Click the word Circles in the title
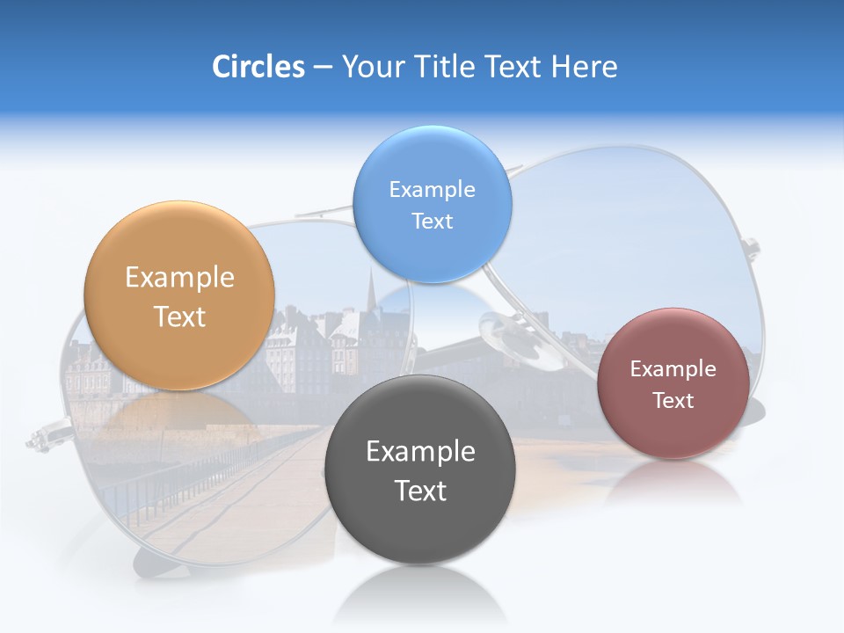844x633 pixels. [258, 67]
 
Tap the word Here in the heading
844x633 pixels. [584, 67]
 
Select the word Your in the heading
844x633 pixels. [374, 67]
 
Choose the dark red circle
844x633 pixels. [673, 431]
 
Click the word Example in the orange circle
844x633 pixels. [179, 278]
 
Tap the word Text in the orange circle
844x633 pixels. [179, 316]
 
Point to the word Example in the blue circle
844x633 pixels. [432, 190]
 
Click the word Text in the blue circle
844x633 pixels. [432, 222]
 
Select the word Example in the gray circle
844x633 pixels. [420, 452]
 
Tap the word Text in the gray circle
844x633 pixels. [420, 491]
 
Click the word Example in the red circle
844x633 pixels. [673, 369]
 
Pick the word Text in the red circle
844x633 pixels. [673, 401]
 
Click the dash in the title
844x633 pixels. [323, 67]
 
